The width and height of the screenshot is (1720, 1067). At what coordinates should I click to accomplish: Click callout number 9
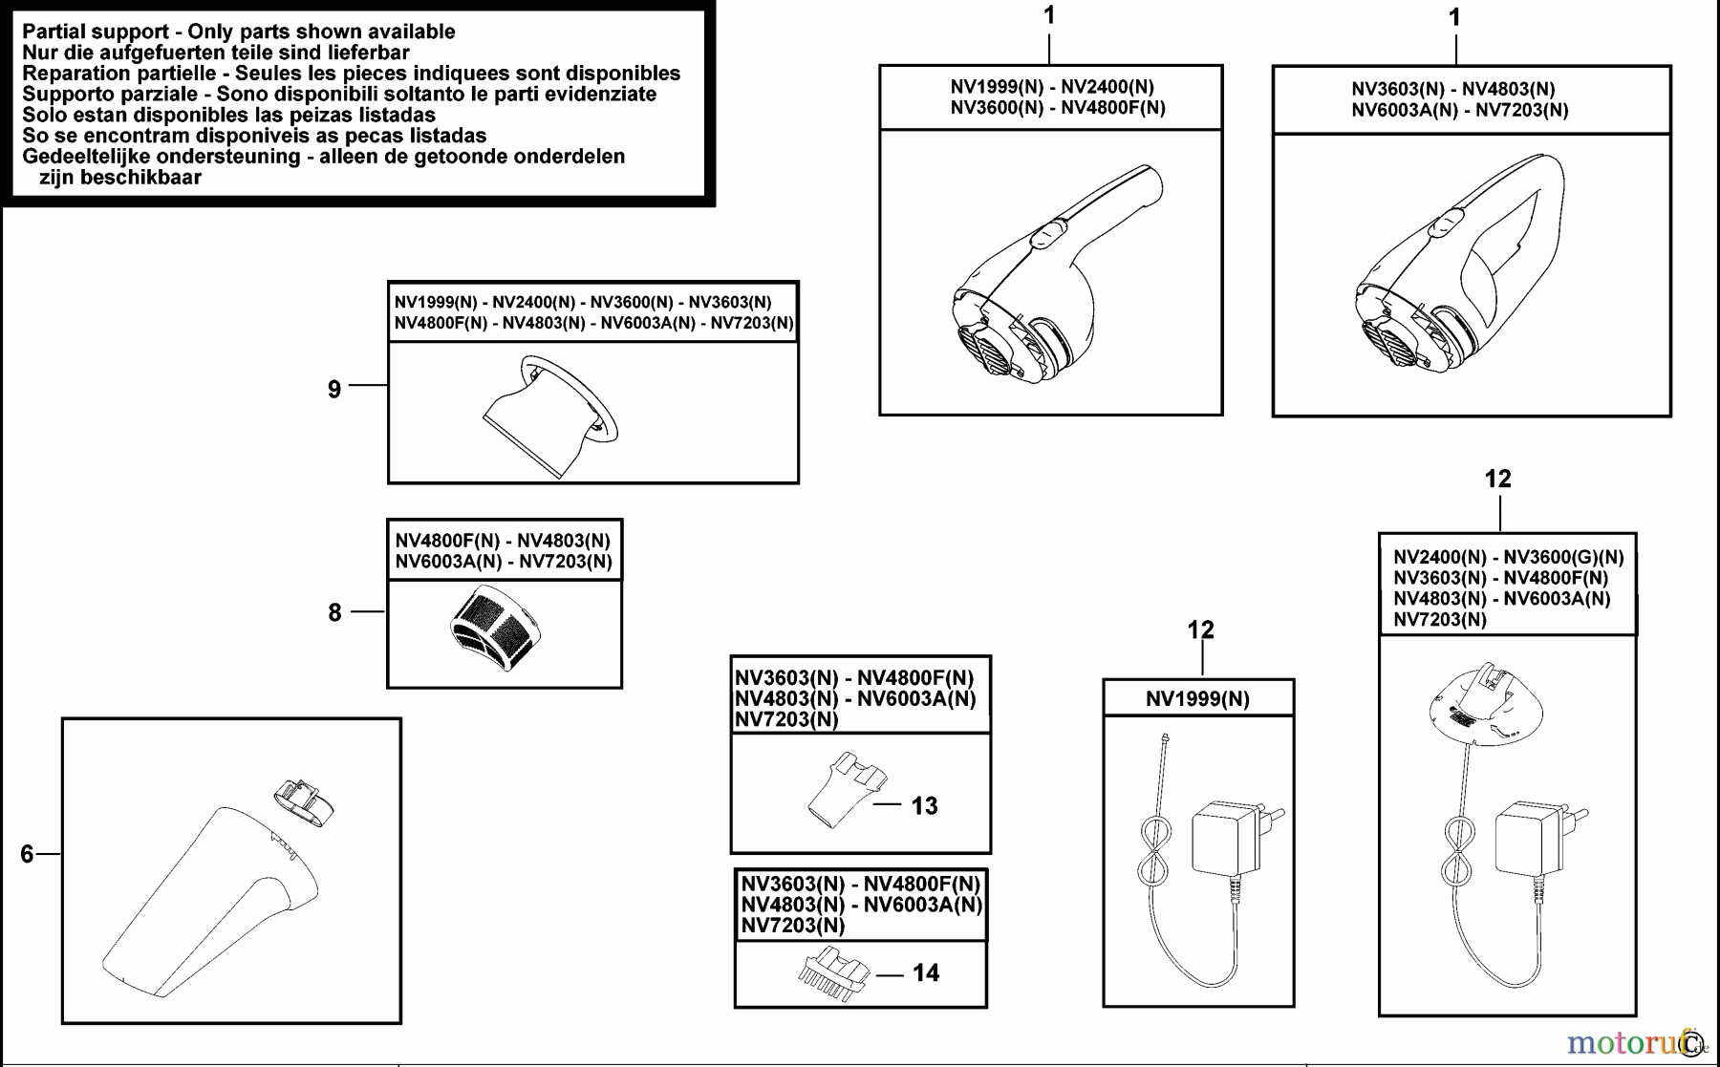[x=334, y=390]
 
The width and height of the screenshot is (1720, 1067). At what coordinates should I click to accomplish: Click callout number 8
[x=334, y=612]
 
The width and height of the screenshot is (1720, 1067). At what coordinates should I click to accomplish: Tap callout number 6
[x=27, y=854]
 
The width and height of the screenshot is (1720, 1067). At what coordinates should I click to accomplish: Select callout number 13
[x=924, y=806]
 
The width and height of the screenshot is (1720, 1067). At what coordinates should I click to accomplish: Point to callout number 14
[x=925, y=973]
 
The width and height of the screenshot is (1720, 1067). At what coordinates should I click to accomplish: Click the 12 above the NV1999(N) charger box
[x=1200, y=630]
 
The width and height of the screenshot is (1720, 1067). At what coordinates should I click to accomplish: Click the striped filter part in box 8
[x=495, y=628]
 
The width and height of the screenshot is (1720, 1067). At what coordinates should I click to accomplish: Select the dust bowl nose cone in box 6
[x=210, y=898]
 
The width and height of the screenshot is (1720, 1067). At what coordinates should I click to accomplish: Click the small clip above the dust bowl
[x=304, y=800]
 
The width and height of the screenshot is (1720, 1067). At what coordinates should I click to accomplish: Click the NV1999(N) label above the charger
[x=1197, y=699]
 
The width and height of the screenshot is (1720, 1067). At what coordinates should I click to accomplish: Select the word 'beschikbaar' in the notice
[x=120, y=178]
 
